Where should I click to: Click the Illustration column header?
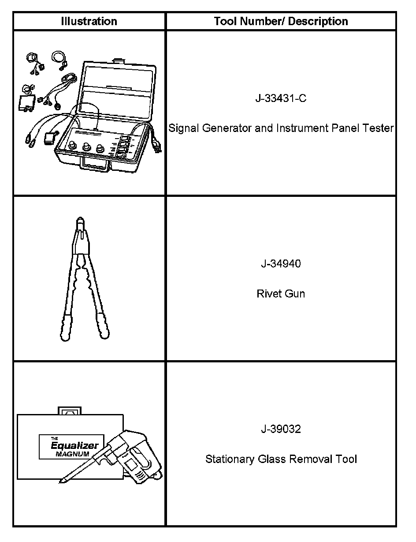point(89,21)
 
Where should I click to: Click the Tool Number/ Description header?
point(281,21)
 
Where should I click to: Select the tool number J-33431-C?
point(281,98)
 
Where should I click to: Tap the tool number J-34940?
point(281,264)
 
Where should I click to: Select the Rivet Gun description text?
point(281,294)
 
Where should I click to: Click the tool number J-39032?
point(281,429)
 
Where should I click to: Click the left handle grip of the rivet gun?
point(66,327)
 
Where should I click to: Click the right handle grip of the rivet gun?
point(102,327)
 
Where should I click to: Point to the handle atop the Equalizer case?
point(70,410)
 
